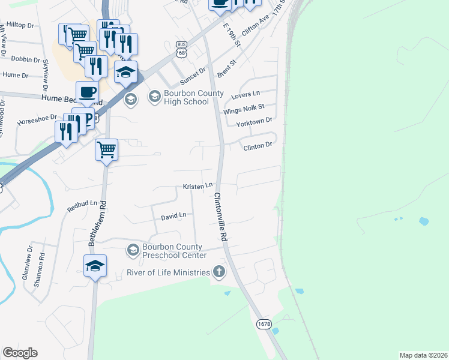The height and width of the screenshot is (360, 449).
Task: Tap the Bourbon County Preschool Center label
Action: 174,251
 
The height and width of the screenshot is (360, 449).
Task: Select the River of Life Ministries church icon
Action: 219,272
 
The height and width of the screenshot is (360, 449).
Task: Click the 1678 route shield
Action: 264,324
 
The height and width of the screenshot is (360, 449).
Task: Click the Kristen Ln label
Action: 198,187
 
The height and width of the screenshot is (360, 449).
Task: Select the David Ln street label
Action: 173,215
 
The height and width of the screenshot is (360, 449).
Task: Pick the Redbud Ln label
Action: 82,206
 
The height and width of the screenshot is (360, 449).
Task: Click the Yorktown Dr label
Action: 255,121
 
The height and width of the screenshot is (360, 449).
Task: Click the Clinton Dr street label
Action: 258,145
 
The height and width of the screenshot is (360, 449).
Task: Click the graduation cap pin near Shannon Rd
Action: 95,265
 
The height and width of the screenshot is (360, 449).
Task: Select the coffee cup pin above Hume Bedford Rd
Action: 88,92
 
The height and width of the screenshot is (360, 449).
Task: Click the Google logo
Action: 20,353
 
